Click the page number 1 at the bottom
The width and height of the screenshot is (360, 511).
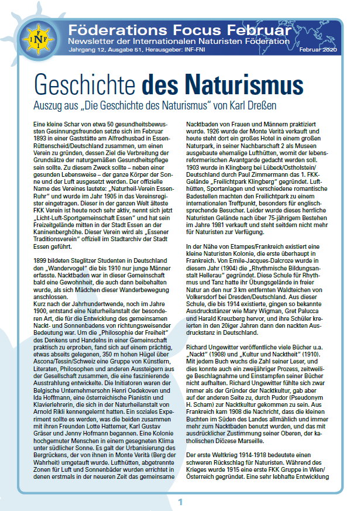tap(180, 502)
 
